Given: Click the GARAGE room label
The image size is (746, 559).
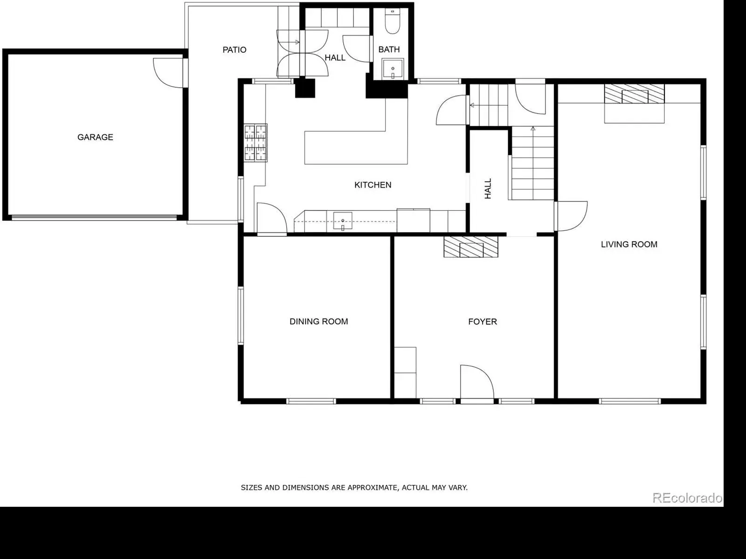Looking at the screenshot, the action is (x=95, y=137).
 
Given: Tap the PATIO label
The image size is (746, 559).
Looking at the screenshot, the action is (x=234, y=49).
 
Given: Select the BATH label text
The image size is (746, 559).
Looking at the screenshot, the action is (x=389, y=49).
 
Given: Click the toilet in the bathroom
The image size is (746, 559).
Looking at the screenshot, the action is (x=393, y=21).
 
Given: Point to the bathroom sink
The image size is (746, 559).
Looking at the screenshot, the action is (x=393, y=69).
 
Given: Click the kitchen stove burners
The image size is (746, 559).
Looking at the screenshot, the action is (x=255, y=142).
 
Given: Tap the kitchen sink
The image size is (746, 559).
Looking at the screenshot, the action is (x=343, y=221).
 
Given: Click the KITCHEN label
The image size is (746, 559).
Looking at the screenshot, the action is (x=373, y=185).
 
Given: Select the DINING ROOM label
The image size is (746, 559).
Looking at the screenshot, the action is (x=319, y=322).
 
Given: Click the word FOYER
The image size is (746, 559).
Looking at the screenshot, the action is (x=483, y=322).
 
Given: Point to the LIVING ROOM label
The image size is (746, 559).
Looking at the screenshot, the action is (x=629, y=244).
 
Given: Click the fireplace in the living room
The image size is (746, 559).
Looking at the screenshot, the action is (x=634, y=94).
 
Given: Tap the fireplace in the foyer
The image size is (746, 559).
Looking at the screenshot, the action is (x=471, y=247).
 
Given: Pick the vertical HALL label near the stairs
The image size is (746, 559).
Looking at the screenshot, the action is (x=488, y=189).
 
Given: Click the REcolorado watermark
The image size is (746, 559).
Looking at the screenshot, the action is (x=687, y=498).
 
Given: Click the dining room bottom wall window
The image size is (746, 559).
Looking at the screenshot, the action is (x=311, y=401).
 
